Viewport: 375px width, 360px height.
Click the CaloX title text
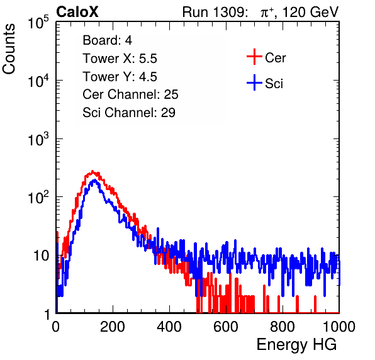point(77,12)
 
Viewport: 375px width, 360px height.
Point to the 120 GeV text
point(310,12)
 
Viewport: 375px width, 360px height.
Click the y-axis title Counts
point(9,49)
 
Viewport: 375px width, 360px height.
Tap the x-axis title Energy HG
point(296,344)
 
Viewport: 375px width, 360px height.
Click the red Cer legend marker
point(254,57)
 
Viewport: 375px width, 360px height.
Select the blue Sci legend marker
point(254,82)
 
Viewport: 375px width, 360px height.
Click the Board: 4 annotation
point(107,40)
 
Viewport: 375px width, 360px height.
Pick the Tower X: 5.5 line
point(120,59)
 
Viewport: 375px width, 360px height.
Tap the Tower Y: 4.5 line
point(120,77)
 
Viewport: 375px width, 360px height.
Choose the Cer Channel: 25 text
point(130,94)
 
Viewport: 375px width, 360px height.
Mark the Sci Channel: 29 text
point(129,113)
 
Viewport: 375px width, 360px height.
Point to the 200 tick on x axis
point(113,327)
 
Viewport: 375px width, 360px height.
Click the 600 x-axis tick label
point(226,327)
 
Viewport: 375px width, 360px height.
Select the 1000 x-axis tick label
point(339,327)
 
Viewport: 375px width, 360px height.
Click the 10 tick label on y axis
point(42,256)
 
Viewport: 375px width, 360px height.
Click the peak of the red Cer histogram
point(92,171)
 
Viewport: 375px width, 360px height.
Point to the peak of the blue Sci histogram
point(95,180)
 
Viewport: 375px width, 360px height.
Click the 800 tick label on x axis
point(283,327)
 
